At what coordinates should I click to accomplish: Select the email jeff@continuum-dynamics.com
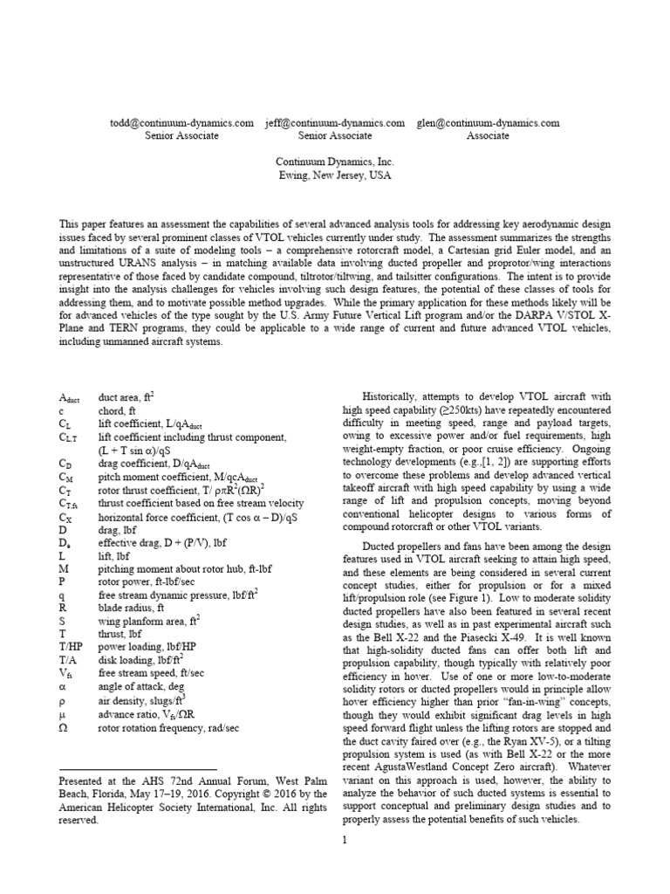click(335, 123)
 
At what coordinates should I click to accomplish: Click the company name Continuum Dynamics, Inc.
click(335, 162)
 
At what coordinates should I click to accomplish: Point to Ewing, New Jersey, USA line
click(335, 175)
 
